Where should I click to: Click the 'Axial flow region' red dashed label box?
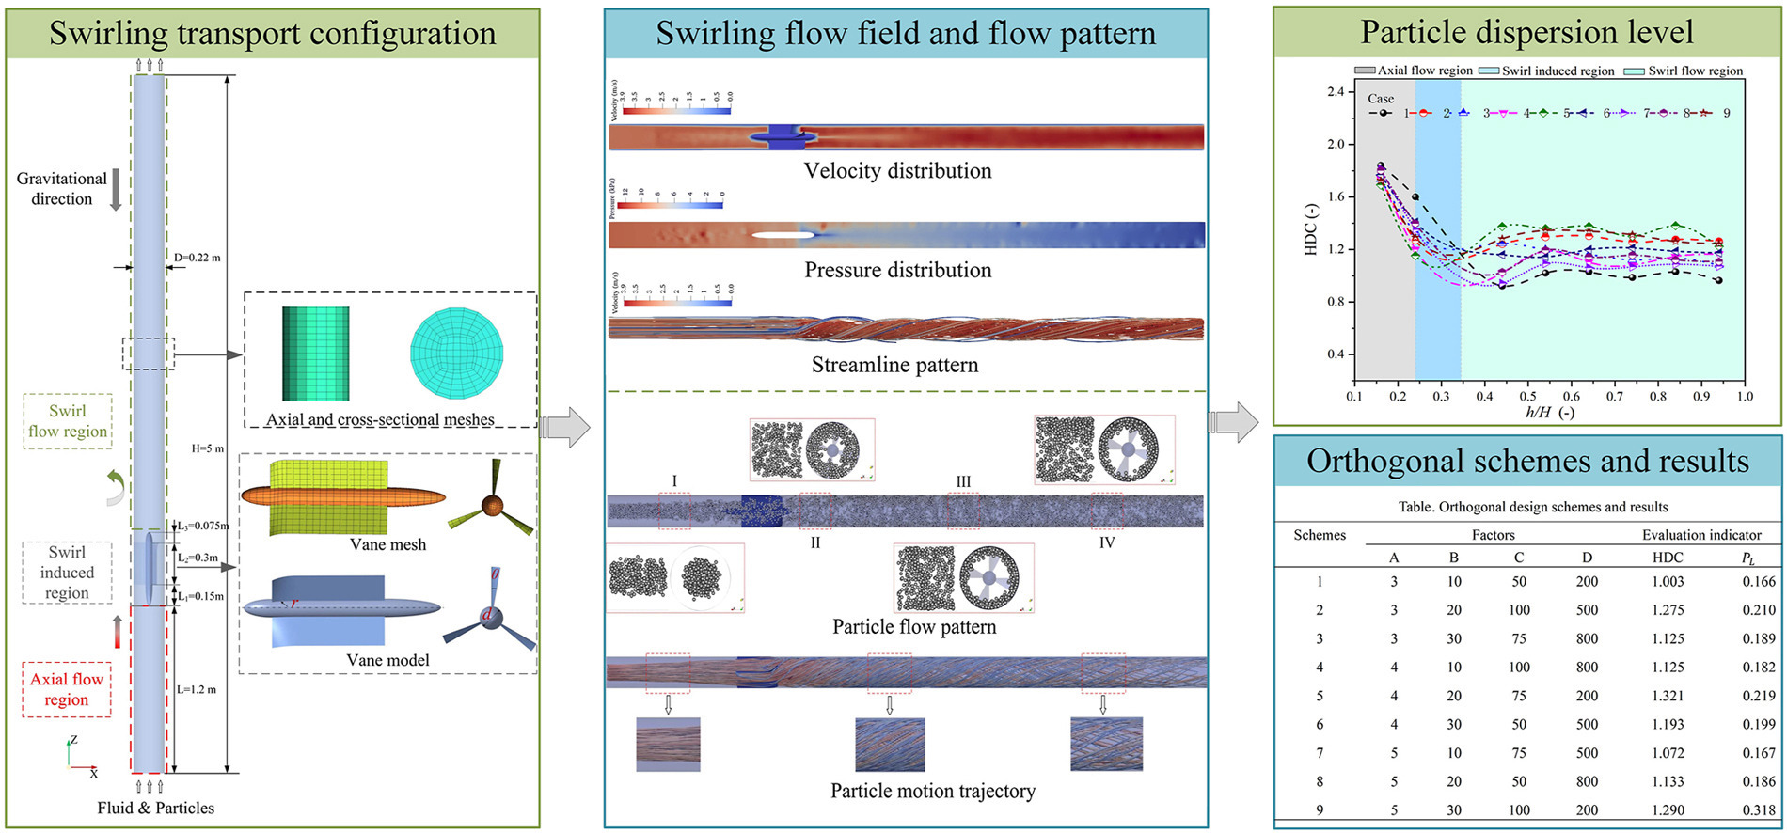coord(67,689)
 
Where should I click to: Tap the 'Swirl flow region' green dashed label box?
coord(68,421)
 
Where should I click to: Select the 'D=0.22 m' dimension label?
coord(197,258)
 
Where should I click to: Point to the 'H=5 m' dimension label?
coord(207,448)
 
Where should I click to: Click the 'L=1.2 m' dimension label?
coord(197,689)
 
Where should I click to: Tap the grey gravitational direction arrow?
coord(117,189)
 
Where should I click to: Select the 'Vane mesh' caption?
coord(387,544)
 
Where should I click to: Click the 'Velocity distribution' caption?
coord(897,171)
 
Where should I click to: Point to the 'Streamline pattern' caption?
coord(894,365)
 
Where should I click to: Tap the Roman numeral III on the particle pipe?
coord(963,481)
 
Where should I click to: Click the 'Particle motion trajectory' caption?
coord(932,791)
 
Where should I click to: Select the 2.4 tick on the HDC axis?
coord(1335,92)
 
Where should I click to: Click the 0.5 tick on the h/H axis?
coord(1528,397)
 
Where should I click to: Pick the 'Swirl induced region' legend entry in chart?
coord(1546,71)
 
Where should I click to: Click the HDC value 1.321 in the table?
coord(1668,696)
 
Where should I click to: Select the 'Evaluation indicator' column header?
coord(1701,535)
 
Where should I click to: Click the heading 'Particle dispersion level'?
coord(1526,33)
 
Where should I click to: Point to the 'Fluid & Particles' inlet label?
coord(156,808)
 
